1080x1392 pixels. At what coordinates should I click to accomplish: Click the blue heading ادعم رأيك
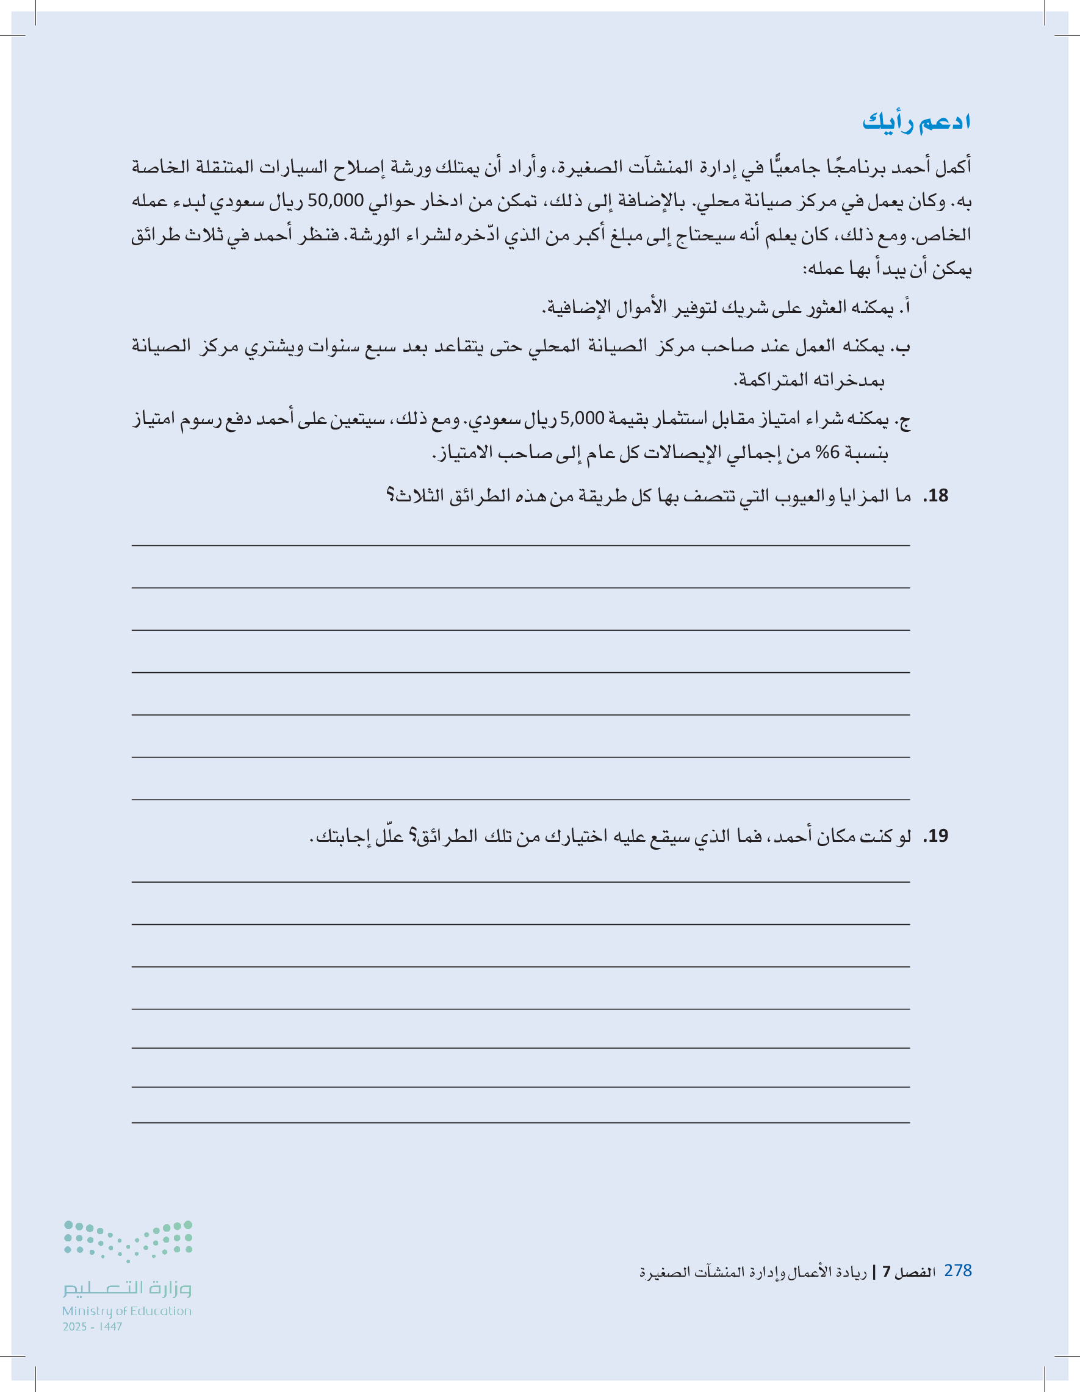point(916,122)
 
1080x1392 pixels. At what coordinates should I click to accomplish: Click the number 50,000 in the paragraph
point(336,201)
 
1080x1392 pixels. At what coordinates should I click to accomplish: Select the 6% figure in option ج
point(827,453)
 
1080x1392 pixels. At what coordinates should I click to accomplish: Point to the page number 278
point(957,1270)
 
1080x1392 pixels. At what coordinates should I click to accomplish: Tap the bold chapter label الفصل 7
point(909,1272)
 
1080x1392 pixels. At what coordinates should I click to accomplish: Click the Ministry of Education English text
point(127,1311)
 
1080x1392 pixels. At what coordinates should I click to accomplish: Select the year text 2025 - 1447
point(93,1326)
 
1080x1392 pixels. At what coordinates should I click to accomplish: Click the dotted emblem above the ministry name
point(128,1240)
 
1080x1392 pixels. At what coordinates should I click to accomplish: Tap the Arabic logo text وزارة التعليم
point(127,1288)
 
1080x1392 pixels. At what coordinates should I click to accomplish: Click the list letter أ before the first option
point(905,308)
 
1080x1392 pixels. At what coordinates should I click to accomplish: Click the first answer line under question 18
point(520,545)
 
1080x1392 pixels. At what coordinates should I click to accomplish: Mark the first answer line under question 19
point(520,882)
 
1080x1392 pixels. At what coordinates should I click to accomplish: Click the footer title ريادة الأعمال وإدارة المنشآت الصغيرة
point(753,1272)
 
